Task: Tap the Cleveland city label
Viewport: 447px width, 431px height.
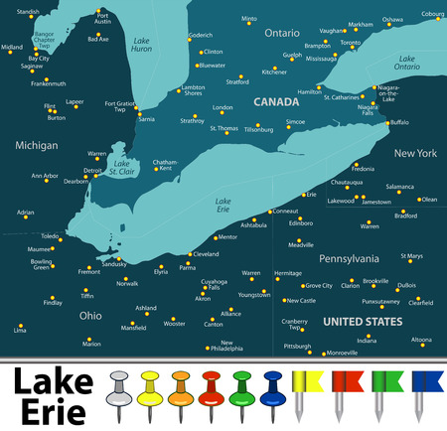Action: click(206, 254)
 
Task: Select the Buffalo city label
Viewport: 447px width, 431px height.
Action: click(398, 122)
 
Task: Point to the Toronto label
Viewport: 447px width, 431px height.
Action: click(351, 44)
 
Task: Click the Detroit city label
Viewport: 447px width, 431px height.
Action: click(92, 170)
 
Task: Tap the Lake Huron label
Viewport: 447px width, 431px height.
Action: click(142, 45)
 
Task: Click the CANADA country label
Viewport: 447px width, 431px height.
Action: click(276, 101)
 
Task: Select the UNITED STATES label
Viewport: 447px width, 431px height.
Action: click(363, 322)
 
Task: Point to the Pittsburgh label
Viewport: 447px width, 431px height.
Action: click(297, 346)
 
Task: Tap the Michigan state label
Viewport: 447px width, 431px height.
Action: click(37, 145)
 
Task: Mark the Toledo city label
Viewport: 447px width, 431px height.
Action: click(50, 236)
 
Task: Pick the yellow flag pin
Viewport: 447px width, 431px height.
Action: click(305, 387)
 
